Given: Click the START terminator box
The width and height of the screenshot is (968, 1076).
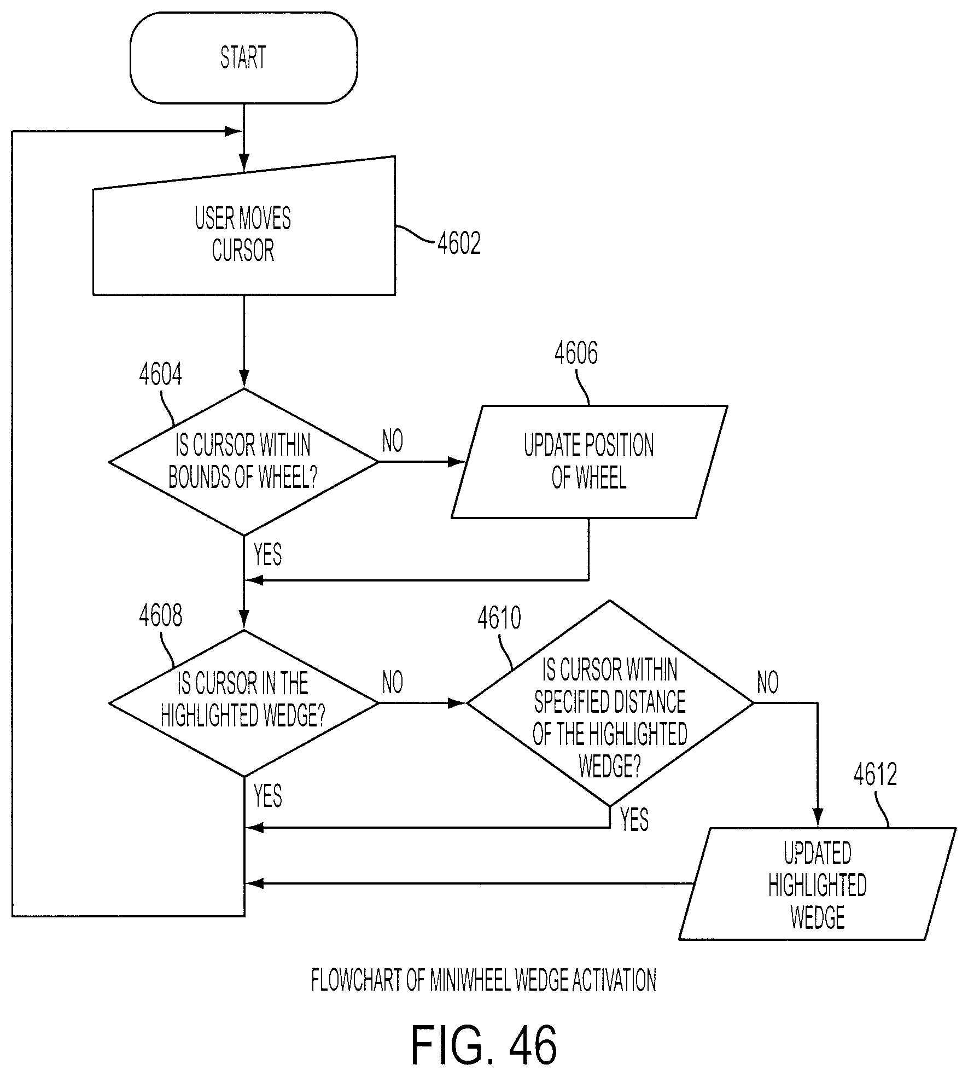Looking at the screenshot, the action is (x=243, y=57).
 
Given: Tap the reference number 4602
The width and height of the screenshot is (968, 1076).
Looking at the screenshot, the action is (x=459, y=244).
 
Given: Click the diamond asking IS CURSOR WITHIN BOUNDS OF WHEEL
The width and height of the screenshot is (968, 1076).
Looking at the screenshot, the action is (x=243, y=462).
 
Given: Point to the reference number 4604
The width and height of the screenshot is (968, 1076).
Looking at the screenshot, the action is (x=160, y=375).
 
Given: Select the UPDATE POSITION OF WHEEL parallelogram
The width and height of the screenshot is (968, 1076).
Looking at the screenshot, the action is (x=589, y=462).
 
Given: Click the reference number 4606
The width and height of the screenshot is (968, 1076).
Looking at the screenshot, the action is (x=576, y=353).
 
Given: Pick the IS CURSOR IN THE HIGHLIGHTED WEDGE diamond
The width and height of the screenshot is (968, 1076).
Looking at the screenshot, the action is (x=243, y=703).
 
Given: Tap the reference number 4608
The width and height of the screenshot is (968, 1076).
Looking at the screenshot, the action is (x=160, y=616).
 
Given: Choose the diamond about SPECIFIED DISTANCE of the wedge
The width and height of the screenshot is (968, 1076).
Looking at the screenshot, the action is (x=610, y=703).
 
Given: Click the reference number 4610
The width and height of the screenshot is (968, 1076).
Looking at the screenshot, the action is (x=499, y=619).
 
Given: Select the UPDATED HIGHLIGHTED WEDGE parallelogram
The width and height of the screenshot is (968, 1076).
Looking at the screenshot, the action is (x=817, y=884).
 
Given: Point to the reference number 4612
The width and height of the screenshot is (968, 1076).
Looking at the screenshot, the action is (x=875, y=775).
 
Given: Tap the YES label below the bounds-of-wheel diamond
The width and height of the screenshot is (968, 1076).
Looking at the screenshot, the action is (x=268, y=555).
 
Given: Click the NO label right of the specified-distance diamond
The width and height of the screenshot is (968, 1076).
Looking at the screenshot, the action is (x=768, y=683).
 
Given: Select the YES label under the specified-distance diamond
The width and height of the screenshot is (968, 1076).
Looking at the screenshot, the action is (x=634, y=821).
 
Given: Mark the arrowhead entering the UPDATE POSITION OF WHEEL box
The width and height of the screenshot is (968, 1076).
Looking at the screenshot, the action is (x=457, y=462).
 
